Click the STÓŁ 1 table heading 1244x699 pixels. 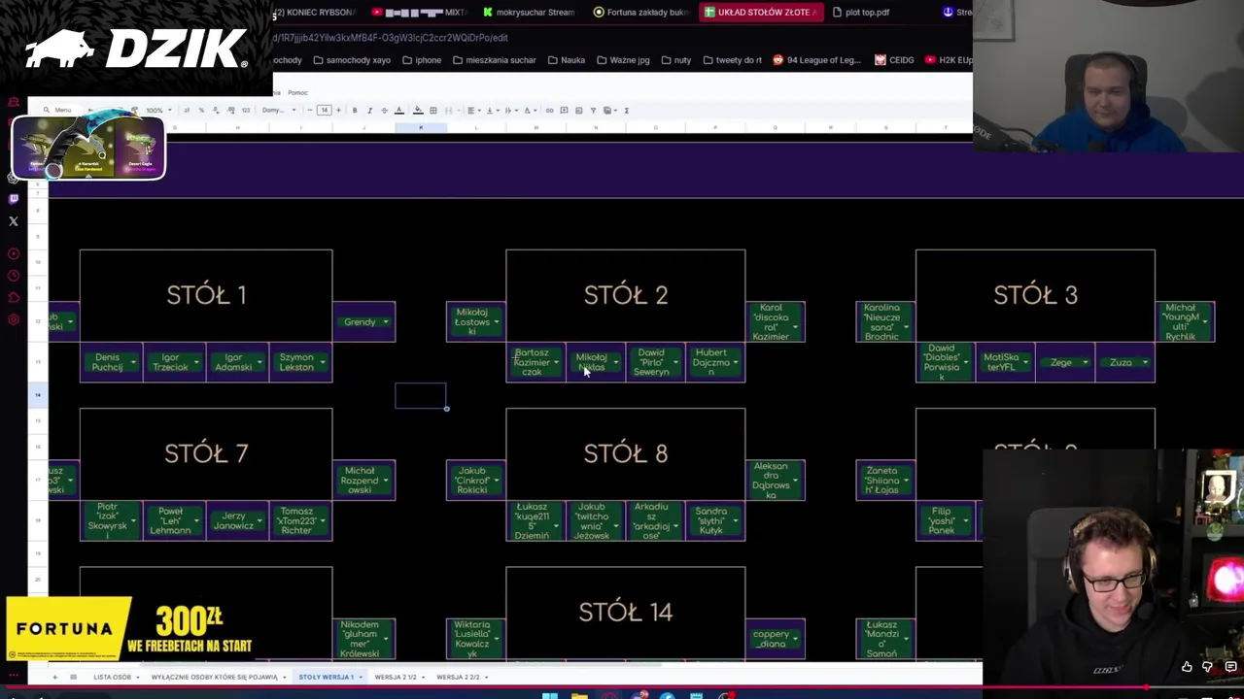(x=206, y=295)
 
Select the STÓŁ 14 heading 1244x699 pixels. (x=625, y=612)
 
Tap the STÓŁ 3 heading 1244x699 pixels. (x=1035, y=295)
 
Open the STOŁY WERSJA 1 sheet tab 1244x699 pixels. (x=327, y=677)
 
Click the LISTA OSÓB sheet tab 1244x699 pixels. (x=113, y=677)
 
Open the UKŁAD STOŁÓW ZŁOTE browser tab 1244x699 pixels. (x=764, y=13)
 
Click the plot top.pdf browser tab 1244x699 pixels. (x=867, y=13)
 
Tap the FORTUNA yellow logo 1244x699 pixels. (x=66, y=629)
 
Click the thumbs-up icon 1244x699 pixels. (x=1187, y=668)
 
